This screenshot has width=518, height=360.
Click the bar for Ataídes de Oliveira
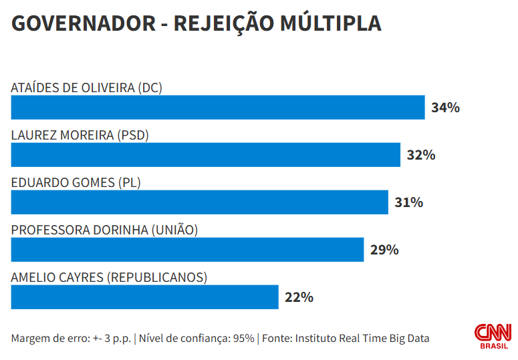click(x=218, y=108)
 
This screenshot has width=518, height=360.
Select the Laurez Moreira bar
click(x=206, y=155)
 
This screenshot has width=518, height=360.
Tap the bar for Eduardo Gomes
click(x=200, y=202)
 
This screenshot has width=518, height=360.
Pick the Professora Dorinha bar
click(x=187, y=250)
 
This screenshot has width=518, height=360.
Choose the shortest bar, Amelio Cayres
click(x=144, y=297)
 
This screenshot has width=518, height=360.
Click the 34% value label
click(x=445, y=108)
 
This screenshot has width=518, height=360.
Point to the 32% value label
click(x=421, y=155)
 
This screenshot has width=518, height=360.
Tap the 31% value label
click(x=408, y=202)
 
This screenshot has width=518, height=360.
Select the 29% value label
click(x=384, y=250)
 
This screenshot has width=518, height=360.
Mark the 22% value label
click(x=299, y=297)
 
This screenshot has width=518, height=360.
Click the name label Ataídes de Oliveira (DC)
click(x=87, y=87)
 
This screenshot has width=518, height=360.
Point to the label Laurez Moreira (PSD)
click(x=80, y=135)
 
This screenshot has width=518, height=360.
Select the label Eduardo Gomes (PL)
click(x=76, y=182)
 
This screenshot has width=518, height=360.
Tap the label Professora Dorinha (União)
click(x=105, y=230)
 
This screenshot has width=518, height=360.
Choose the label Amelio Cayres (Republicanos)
click(x=109, y=277)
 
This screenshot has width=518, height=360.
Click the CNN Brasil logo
click(x=493, y=336)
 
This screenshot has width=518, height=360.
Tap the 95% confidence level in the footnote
click(x=243, y=338)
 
